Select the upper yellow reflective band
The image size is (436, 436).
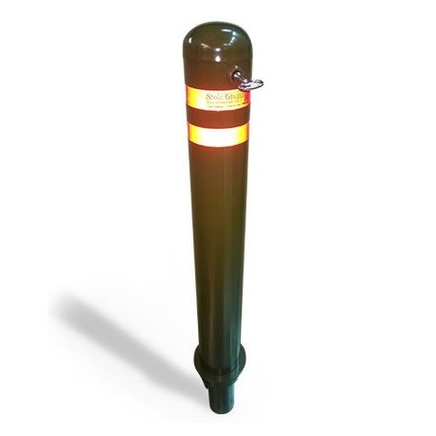[x=216, y=97]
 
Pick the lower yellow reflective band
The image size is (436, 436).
[x=217, y=135]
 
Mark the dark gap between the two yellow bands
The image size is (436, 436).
[x=217, y=116]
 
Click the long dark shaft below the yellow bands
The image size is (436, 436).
[x=219, y=246]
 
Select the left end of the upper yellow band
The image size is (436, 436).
[x=189, y=98]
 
